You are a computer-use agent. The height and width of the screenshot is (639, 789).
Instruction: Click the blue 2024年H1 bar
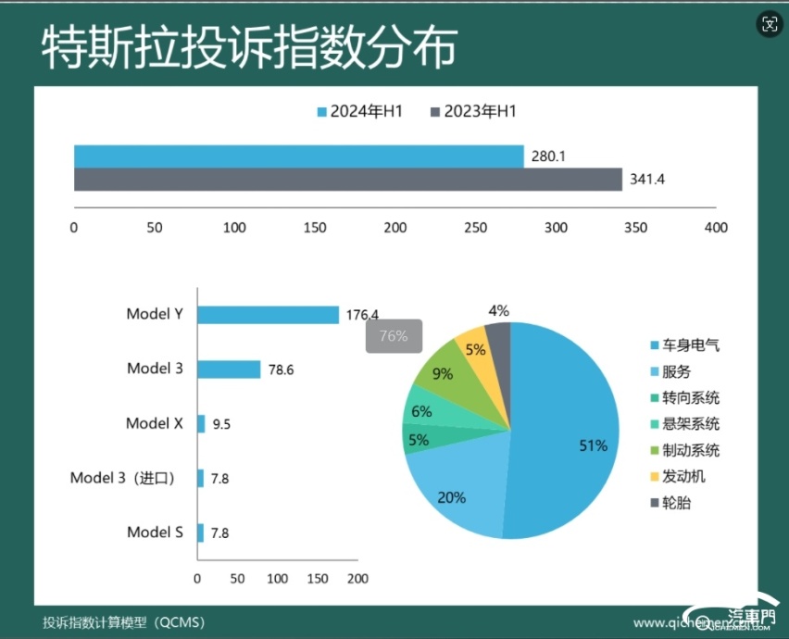click(298, 157)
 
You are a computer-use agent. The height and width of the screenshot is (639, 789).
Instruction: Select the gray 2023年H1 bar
click(347, 179)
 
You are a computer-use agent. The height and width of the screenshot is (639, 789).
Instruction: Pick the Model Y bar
click(268, 315)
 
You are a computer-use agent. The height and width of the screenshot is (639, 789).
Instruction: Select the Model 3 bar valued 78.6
click(229, 370)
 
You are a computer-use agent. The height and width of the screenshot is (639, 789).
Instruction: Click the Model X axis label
click(154, 423)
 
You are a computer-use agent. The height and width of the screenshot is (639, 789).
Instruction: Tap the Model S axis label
click(155, 532)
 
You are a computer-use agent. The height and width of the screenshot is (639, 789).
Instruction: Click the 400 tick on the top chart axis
click(716, 227)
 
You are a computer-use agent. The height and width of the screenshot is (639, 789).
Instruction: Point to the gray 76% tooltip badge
click(394, 336)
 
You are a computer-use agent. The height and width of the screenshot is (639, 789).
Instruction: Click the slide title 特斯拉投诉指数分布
click(248, 49)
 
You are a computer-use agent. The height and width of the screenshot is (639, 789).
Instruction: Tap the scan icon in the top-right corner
click(769, 24)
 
